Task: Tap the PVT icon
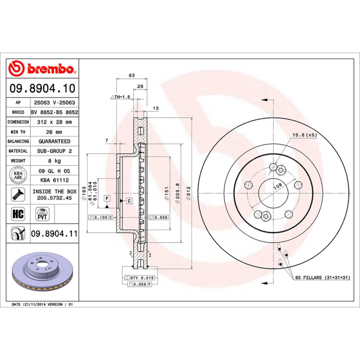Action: click(x=42, y=213)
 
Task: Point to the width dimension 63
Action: click(x=132, y=75)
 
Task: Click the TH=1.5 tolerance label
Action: click(x=120, y=97)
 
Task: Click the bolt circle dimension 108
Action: click(x=278, y=185)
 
